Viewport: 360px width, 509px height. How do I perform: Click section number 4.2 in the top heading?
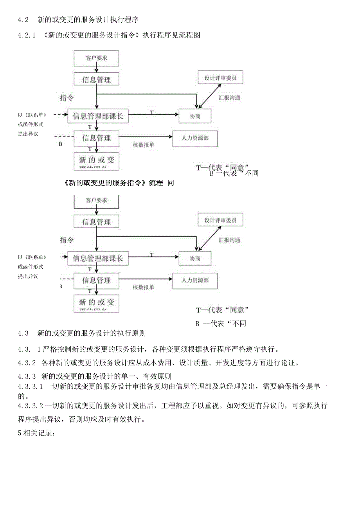tap(23, 20)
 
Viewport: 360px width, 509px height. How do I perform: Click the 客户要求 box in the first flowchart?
tap(96, 58)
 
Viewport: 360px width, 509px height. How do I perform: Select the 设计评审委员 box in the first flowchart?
tap(220, 78)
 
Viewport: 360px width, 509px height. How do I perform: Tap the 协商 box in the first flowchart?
tap(195, 116)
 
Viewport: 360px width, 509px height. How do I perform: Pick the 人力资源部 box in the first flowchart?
tap(195, 138)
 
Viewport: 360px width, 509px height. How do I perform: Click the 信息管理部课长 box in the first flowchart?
tap(98, 116)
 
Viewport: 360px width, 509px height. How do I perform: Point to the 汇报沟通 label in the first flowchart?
tap(229, 98)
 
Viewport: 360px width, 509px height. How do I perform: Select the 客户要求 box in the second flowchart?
tap(96, 201)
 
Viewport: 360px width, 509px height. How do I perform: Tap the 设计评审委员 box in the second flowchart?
tap(220, 220)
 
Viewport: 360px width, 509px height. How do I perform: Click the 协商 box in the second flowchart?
tap(195, 258)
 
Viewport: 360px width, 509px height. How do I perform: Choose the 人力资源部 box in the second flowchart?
tap(195, 281)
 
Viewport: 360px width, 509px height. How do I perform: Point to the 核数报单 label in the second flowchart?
tap(143, 287)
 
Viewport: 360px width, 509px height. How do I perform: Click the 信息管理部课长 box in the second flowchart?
tap(98, 258)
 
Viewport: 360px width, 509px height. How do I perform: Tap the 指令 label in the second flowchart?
tap(67, 239)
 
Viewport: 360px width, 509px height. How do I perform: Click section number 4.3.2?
tap(27, 362)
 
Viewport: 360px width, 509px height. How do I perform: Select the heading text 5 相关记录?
tap(38, 433)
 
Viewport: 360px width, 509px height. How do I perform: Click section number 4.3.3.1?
tap(31, 387)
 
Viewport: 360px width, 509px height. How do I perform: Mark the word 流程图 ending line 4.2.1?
tap(190, 35)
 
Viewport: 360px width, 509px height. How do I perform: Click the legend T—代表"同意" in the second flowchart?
tap(222, 310)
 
